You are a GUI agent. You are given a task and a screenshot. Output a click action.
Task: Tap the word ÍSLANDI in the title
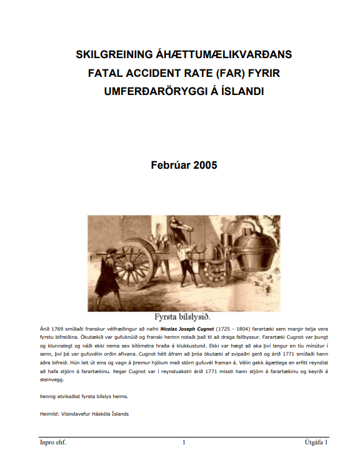coord(241,91)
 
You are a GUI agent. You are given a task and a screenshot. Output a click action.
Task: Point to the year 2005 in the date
coord(205,166)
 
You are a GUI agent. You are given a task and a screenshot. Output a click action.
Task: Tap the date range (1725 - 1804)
coord(234,328)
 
